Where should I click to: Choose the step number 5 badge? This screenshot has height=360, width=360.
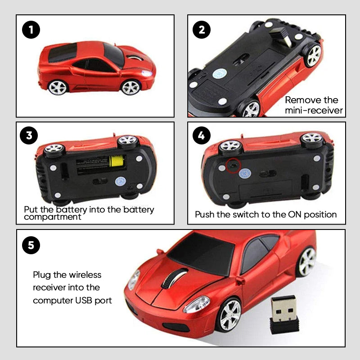(x=31, y=245)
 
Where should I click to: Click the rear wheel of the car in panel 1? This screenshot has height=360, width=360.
(x=58, y=87)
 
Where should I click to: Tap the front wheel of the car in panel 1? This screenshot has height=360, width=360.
(x=130, y=87)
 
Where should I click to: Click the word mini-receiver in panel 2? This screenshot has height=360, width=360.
(x=314, y=110)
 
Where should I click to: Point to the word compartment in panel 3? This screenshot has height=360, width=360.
(x=52, y=217)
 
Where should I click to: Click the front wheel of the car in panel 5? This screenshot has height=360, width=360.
(x=230, y=314)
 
